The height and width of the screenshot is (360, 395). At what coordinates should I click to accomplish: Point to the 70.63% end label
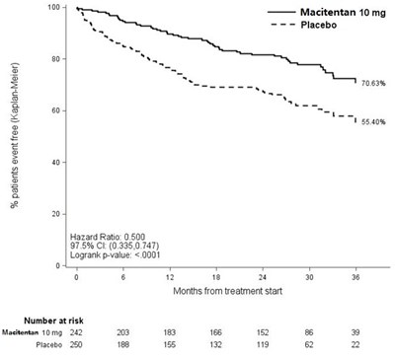click(373, 84)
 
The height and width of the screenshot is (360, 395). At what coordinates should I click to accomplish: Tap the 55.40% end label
click(373, 122)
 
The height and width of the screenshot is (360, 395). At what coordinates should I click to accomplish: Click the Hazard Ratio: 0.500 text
click(108, 237)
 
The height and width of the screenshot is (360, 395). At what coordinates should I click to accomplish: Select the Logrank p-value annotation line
click(116, 254)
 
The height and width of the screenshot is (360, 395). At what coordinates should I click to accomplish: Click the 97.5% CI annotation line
click(115, 246)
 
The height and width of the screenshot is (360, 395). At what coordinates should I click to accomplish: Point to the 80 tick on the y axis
click(53, 59)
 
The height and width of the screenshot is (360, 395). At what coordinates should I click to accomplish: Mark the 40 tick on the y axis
click(53, 163)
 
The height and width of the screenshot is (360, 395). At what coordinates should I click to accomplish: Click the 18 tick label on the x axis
click(216, 277)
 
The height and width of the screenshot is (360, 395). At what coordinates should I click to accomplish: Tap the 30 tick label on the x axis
click(309, 277)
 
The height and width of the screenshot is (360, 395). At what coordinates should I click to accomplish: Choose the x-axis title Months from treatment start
click(228, 291)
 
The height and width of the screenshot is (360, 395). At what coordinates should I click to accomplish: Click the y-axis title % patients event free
click(15, 135)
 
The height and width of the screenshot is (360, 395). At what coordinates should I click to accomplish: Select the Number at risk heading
click(53, 321)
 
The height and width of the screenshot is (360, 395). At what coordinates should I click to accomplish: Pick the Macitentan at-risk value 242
click(76, 332)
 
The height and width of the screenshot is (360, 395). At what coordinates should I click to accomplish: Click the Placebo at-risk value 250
click(76, 345)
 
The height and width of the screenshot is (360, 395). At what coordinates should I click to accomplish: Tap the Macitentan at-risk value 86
click(309, 332)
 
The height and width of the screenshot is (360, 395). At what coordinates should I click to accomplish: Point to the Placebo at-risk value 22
click(355, 345)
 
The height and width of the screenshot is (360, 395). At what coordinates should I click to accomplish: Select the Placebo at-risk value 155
click(170, 345)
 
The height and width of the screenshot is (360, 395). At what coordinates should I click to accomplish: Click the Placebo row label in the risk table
click(49, 345)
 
